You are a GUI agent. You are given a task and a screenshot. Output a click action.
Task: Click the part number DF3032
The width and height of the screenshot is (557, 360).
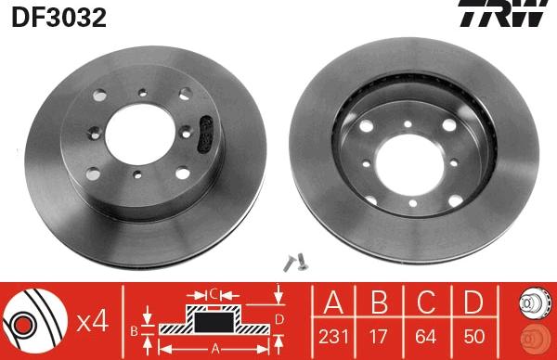coord(59,18)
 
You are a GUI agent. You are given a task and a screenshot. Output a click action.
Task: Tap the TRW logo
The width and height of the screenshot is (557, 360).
coord(504,13)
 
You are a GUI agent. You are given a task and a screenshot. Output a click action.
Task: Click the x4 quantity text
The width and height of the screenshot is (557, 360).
coord(92,322)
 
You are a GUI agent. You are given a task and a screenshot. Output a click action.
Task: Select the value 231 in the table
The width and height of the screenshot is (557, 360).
coord(333,337)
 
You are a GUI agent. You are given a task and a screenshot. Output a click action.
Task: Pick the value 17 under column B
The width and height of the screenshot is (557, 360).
coord(378,337)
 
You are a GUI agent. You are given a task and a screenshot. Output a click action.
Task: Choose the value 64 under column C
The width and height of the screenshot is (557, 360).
coord(426,337)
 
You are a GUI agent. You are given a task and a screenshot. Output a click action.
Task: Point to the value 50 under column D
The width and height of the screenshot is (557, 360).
coord(473,337)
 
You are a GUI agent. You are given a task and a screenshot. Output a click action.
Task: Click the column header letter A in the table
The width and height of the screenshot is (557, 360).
coord(333,302)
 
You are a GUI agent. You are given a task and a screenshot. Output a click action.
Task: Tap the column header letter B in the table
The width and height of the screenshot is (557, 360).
coord(379,302)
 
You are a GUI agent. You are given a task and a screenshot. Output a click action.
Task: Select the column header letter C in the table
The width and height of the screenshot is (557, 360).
coord(426,302)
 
